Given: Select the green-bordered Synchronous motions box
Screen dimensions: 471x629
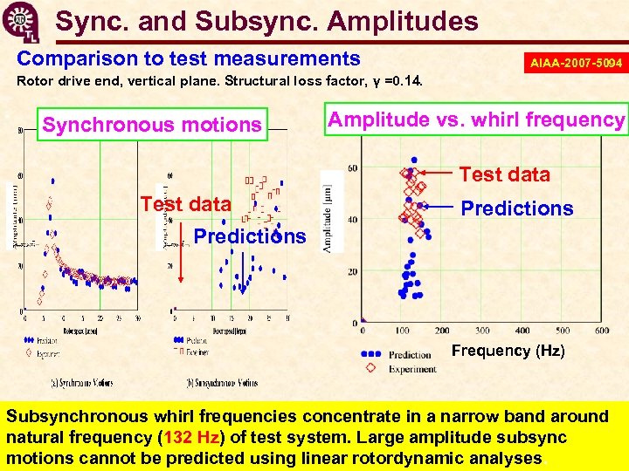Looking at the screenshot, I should pos(152,126).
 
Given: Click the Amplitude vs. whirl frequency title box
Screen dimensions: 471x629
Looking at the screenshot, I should pos(476,119).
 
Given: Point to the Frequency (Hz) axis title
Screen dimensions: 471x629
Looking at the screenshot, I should pos(508,351).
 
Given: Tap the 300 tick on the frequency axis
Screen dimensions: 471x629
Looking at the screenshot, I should pos(482,331).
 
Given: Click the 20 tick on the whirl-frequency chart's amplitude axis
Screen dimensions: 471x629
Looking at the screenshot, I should pos(352,272).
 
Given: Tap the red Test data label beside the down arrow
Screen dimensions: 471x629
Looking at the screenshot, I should pos(185,205).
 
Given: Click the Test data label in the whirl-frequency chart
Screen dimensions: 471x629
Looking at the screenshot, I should pos(504,174).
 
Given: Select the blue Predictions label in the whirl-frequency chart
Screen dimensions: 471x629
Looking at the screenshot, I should pos(517,208).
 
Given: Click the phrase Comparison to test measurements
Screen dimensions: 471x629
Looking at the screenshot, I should pos(189,58).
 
